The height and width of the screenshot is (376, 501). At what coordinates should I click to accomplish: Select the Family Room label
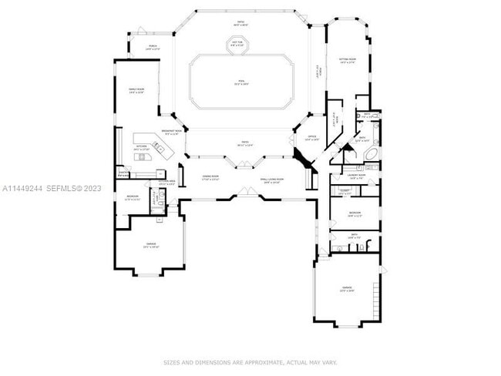tap(136, 91)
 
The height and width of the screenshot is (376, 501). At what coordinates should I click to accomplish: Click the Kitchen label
tap(142, 147)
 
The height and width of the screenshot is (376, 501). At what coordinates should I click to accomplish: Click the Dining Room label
tap(210, 178)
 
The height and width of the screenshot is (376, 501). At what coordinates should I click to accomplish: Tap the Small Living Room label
tap(271, 180)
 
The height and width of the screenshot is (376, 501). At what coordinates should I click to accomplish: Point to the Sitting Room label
tap(347, 60)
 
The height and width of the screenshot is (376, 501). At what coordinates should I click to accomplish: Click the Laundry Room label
tap(355, 176)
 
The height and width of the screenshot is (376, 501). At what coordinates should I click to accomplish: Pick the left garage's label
tap(150, 246)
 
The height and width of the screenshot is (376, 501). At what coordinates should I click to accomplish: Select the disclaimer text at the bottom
tap(250, 361)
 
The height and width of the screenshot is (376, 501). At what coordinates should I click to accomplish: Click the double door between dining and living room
tap(244, 163)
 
